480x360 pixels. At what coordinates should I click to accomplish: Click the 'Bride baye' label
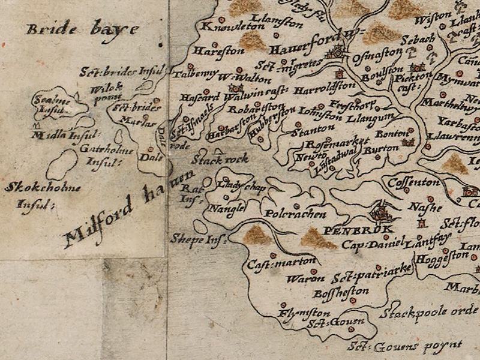[82, 28]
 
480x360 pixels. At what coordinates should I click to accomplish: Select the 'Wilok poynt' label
[107, 91]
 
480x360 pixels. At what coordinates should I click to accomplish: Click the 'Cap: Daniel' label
[371, 245]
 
